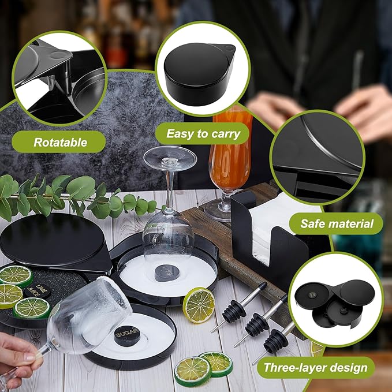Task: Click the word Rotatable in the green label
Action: coord(60,142)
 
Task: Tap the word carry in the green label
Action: coord(226,135)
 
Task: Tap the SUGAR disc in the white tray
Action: coord(127,336)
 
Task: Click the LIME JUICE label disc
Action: coord(38,292)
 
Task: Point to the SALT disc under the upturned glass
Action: coord(167,272)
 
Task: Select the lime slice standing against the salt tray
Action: coord(199,305)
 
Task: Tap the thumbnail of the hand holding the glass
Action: coord(31,357)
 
